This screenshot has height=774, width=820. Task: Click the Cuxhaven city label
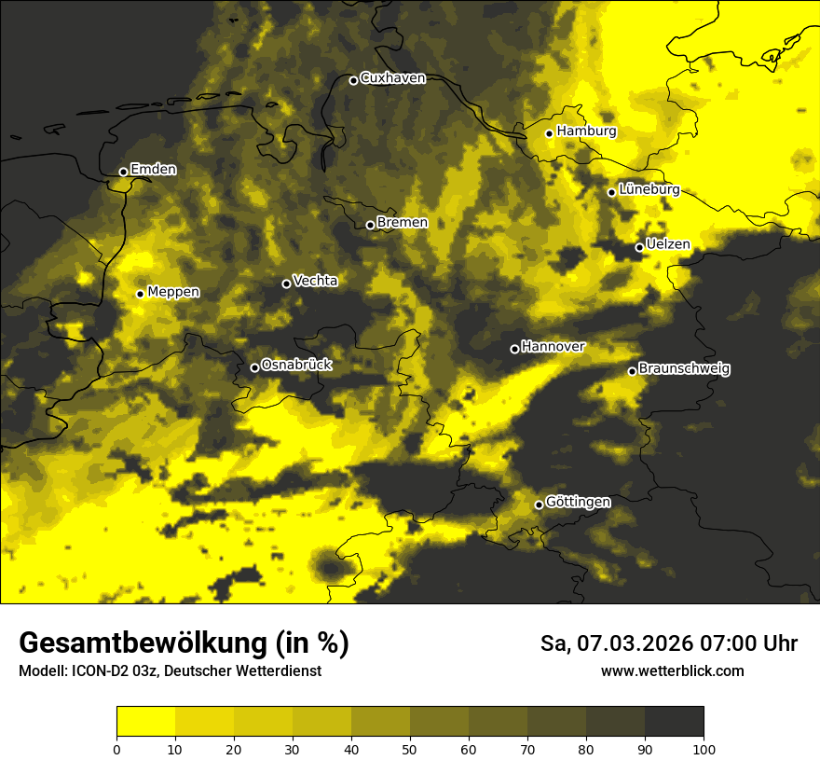coord(392,78)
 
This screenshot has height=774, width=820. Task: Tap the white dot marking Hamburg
coord(550,133)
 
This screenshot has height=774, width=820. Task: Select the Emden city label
coord(153,170)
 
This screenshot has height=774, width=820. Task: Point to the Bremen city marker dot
coord(370,225)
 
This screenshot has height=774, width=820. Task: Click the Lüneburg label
coord(649,189)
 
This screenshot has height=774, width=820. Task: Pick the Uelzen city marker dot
coord(639,247)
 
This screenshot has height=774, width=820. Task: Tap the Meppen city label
coord(173,292)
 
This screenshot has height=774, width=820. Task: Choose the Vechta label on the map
coord(315,281)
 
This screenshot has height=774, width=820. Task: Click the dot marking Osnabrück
coord(254,367)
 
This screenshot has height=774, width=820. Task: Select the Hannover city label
coord(553,347)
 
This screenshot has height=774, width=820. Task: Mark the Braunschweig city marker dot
coord(632,371)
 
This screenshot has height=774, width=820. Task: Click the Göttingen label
coord(578,503)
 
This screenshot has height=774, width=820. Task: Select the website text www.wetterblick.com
coord(672,671)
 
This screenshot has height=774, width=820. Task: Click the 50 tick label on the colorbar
coord(410,749)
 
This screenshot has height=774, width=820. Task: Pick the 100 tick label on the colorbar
coord(703,749)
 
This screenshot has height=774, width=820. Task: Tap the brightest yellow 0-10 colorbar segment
coord(146,722)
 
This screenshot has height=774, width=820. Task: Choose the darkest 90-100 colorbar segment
coord(674,722)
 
